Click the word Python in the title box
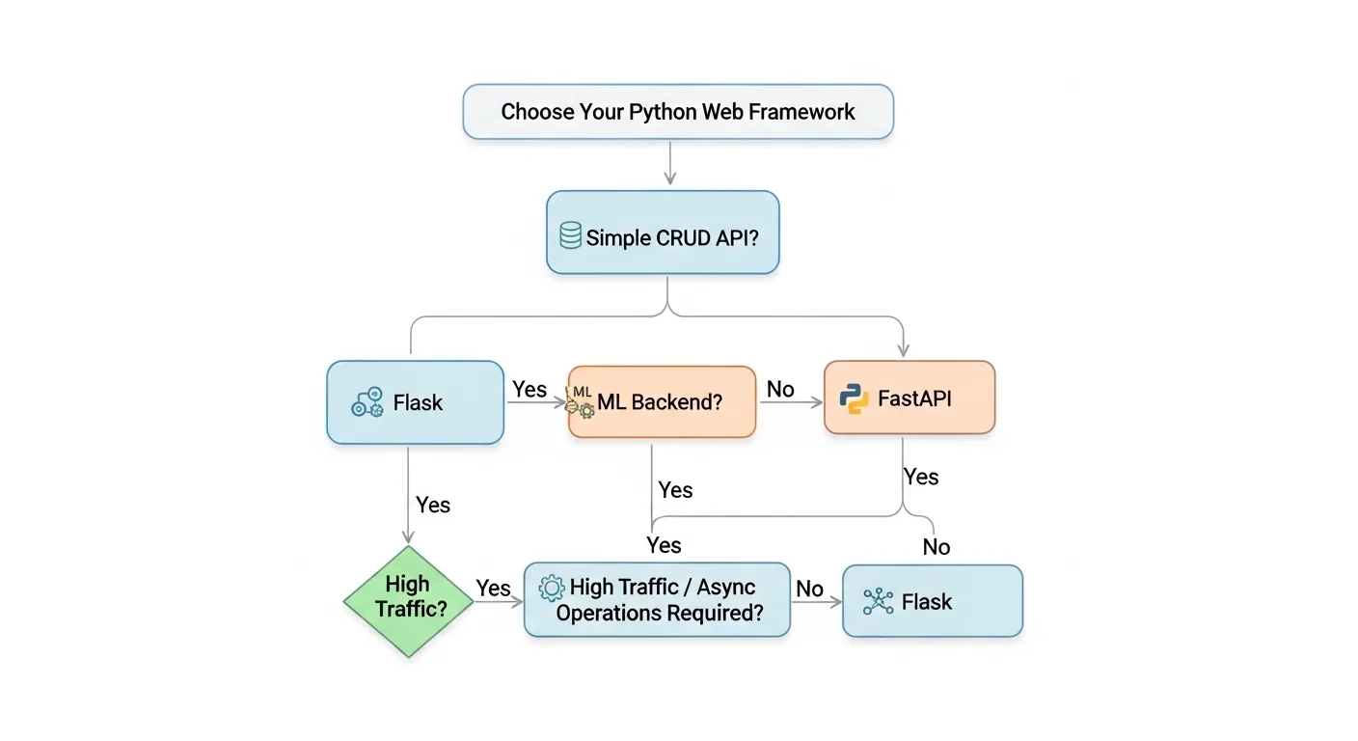pos(663,112)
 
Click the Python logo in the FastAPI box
pos(854,398)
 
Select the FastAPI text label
pos(914,398)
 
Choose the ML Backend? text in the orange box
pos(660,401)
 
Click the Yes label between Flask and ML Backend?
pos(530,389)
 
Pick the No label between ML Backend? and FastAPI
pos(780,389)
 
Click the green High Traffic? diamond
pos(408,600)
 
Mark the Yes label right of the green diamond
pos(493,588)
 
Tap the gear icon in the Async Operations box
pos(552,588)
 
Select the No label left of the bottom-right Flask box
pos(809,589)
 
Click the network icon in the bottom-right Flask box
pos(878,602)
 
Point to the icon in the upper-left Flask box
pos(367,402)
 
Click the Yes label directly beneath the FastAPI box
pos(921,477)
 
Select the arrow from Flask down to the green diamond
pos(408,497)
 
